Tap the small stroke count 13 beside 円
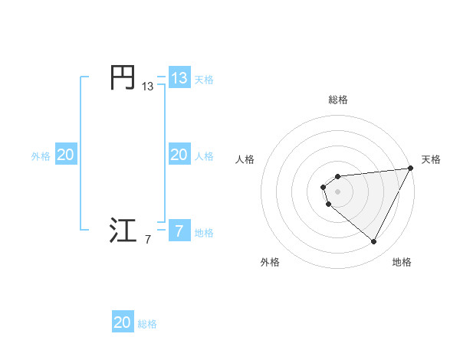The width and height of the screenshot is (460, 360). pyautogui.click(x=147, y=87)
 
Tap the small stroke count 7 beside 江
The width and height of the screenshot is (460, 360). pyautogui.click(x=147, y=240)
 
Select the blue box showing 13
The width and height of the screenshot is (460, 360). pyautogui.click(x=179, y=78)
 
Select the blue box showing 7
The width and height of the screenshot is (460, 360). pyautogui.click(x=179, y=231)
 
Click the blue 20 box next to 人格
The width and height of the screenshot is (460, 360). pyautogui.click(x=179, y=155)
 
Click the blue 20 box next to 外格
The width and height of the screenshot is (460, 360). pyautogui.click(x=66, y=155)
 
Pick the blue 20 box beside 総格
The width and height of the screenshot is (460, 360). pyautogui.click(x=123, y=322)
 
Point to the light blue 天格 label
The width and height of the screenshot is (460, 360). pyautogui.click(x=204, y=80)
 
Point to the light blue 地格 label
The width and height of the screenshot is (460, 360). pyautogui.click(x=204, y=232)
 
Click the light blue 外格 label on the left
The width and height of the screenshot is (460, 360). pyautogui.click(x=41, y=156)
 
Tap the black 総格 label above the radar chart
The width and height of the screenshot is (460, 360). pyautogui.click(x=338, y=100)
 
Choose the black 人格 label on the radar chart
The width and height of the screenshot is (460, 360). pyautogui.click(x=245, y=159)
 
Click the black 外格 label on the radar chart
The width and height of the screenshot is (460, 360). pyautogui.click(x=270, y=262)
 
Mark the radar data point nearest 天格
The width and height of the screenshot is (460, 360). pyautogui.click(x=410, y=169)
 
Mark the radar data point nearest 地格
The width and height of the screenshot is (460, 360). pyautogui.click(x=374, y=242)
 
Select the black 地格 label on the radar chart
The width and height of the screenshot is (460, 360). pyautogui.click(x=402, y=262)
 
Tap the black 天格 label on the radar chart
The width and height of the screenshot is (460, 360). pyautogui.click(x=431, y=159)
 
